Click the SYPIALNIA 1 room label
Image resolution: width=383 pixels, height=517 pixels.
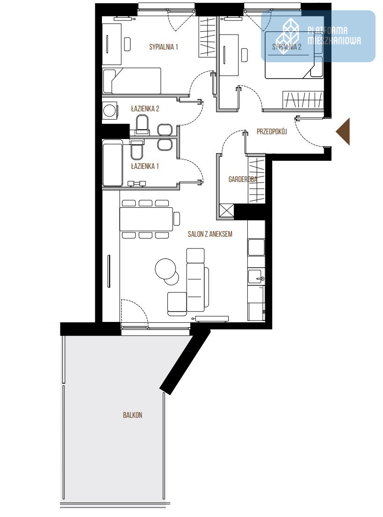[x=164, y=47]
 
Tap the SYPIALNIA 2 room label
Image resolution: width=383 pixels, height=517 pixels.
[x=287, y=47]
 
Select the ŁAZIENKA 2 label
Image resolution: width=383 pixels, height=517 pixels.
[x=145, y=109]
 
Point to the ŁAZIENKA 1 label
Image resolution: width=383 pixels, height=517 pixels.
[x=145, y=166]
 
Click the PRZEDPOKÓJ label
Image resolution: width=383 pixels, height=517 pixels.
[x=272, y=131]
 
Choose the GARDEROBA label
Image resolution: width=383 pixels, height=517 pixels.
[x=243, y=179]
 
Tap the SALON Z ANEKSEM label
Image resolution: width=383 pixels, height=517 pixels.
[x=210, y=234]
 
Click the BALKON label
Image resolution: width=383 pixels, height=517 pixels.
[x=132, y=415]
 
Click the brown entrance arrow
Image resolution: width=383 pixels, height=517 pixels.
[x=343, y=131]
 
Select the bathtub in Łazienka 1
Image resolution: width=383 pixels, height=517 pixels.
[x=112, y=163]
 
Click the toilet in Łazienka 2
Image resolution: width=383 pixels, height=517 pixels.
[x=142, y=124]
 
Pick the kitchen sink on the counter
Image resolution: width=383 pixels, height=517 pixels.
[x=256, y=277]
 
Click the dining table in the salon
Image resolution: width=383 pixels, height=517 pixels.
[x=146, y=219]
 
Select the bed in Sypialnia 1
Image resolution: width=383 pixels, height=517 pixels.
[x=132, y=81]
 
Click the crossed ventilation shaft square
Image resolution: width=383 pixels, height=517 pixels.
[x=226, y=211]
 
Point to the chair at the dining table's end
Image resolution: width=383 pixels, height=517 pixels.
[x=177, y=218]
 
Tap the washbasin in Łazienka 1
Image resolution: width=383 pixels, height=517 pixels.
[x=165, y=145]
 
